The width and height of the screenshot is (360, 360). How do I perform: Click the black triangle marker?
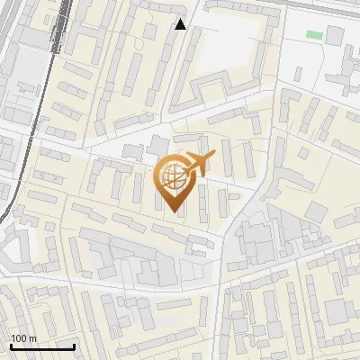(180, 24)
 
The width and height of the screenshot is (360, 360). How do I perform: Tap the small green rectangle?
(313, 34)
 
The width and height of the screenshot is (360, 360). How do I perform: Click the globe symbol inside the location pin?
(174, 177)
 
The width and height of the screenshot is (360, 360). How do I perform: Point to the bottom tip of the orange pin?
(174, 212)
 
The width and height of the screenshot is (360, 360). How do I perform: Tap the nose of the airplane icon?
(214, 157)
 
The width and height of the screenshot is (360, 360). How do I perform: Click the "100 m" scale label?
(25, 337)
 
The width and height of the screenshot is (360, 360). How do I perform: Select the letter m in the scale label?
(35, 337)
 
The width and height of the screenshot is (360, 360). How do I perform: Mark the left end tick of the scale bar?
(11, 346)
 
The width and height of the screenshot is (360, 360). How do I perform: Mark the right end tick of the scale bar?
(74, 346)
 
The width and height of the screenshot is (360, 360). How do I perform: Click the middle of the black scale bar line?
(42, 347)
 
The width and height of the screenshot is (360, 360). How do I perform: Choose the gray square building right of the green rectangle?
(335, 36)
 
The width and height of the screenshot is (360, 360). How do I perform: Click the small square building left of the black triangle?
(149, 30)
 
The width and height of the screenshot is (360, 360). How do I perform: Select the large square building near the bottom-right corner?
(337, 311)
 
